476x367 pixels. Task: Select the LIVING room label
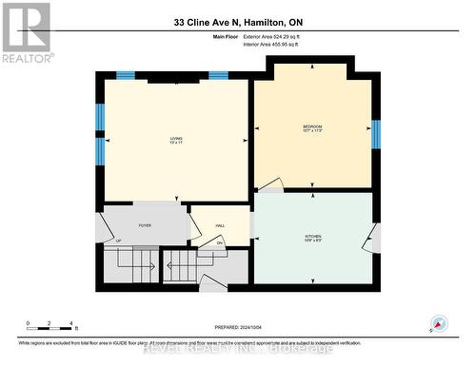[x=176, y=140]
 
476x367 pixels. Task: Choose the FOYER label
[x=145, y=225]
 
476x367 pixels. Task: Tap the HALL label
[x=220, y=225]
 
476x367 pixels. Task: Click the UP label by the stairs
[x=118, y=241]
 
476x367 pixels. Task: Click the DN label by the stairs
[x=219, y=243]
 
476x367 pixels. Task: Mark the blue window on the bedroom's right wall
[x=376, y=134]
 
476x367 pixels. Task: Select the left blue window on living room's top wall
[x=125, y=75]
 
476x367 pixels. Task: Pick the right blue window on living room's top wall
[x=218, y=75]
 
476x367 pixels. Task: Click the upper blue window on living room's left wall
[x=99, y=116]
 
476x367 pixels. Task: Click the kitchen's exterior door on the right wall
[x=369, y=239]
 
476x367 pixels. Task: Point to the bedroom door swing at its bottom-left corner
[x=269, y=184]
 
